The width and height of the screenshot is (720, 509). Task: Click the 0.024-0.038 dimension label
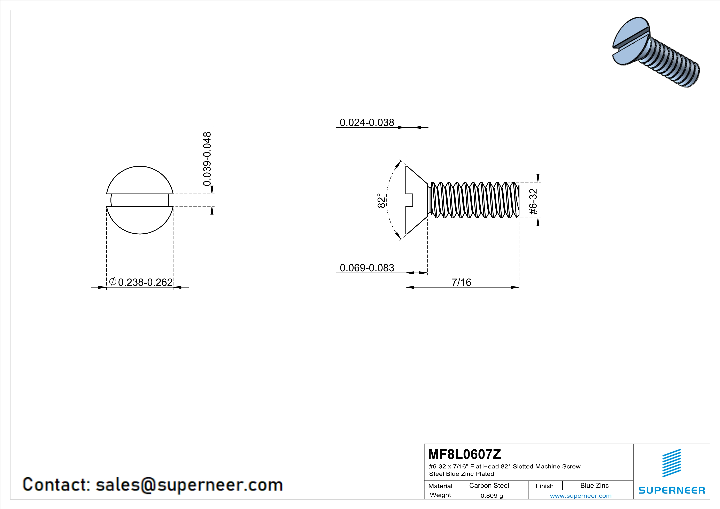click(367, 122)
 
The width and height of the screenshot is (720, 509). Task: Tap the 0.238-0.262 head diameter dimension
click(145, 282)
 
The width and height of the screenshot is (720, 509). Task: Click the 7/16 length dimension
click(461, 282)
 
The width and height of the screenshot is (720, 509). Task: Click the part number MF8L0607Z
click(464, 454)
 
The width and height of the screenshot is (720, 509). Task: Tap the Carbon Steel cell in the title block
click(489, 485)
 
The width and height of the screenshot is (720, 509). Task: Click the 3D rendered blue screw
click(656, 52)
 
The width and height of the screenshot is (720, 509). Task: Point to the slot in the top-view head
click(140, 200)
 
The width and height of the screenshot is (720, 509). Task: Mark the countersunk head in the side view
click(416, 200)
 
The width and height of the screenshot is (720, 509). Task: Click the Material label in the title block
click(440, 486)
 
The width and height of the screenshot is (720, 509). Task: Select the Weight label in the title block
click(440, 495)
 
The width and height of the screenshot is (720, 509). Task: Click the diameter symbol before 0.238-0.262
click(113, 282)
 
